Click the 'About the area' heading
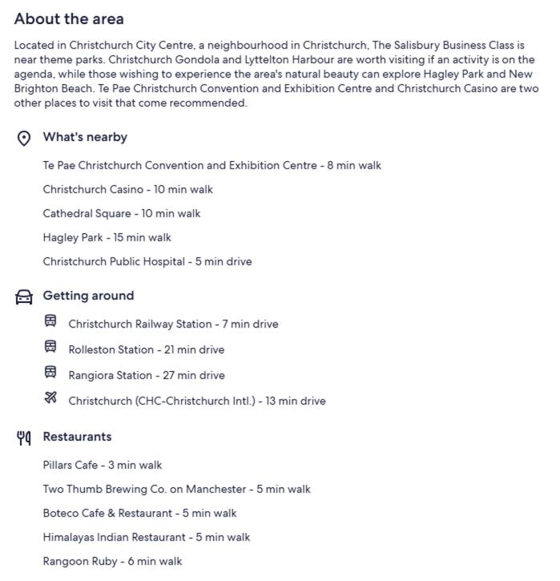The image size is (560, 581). coord(69,18)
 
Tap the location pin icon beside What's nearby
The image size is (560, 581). coord(24,138)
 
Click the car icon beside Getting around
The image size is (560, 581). coord(24,297)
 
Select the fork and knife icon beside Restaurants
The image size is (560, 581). coord(24,438)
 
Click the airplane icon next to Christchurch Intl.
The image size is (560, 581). coord(50,398)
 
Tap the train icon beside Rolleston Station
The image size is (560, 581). coord(50,347)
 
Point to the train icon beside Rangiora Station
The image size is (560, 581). coord(50,373)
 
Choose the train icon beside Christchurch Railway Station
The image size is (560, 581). coord(50,321)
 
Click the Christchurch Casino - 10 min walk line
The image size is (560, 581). coord(127,190)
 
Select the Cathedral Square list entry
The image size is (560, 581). coord(121,214)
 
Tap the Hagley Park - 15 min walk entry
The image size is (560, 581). coord(107,238)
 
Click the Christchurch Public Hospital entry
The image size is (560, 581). coord(147,262)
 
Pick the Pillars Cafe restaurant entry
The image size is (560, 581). coord(102,466)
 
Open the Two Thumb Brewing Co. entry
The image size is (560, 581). coord(176,490)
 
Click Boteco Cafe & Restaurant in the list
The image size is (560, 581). coord(139,514)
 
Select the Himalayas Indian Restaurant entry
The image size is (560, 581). coord(146,538)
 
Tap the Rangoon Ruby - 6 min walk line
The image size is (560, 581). coord(112,562)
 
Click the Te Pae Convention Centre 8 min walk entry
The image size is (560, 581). coord(212,166)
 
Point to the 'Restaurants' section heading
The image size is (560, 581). coord(77,438)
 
